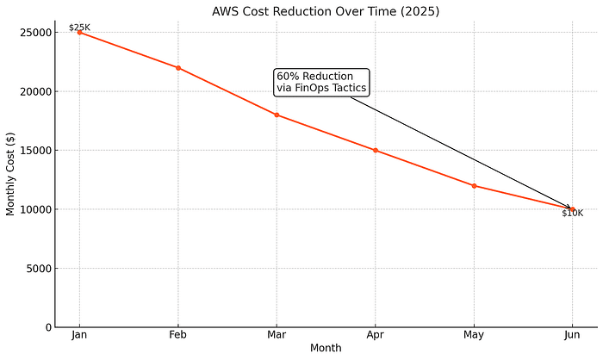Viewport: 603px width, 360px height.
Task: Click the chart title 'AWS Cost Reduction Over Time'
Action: (x=325, y=12)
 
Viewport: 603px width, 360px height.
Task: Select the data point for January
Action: (x=79, y=32)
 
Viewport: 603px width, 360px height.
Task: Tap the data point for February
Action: (x=178, y=67)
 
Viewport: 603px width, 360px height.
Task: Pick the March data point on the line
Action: (x=277, y=115)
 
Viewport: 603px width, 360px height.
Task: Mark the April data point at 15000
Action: (x=375, y=150)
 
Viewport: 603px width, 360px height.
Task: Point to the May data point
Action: (x=474, y=185)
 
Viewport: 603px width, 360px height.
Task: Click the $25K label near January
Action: (x=79, y=28)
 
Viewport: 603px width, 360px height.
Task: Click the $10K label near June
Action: (x=572, y=214)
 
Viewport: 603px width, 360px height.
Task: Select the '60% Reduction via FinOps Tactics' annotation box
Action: (x=321, y=82)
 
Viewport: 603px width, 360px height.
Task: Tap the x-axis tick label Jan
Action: (x=79, y=335)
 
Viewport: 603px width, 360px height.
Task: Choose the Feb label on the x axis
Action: (x=178, y=335)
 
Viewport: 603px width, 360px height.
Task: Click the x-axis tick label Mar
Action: (x=277, y=335)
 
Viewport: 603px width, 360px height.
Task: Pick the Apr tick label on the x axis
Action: (x=375, y=335)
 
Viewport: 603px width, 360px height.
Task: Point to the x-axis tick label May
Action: (x=474, y=335)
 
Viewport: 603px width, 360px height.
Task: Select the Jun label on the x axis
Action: (x=572, y=335)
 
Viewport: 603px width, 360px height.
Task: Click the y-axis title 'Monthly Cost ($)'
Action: (x=10, y=174)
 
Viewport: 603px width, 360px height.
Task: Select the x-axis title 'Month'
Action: (x=326, y=349)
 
